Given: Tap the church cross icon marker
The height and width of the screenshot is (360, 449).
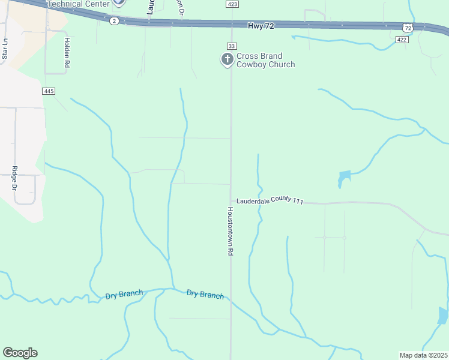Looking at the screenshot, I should (227, 59).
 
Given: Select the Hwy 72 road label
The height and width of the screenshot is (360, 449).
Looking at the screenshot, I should (261, 26).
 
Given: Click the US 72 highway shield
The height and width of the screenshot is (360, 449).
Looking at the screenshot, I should (408, 28).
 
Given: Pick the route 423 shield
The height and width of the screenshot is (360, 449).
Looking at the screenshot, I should (232, 4).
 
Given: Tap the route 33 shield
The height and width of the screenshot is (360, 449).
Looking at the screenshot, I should (231, 46).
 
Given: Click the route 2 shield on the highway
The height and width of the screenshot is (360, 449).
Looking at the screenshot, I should (113, 20).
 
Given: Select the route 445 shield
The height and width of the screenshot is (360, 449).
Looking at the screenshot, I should (49, 91).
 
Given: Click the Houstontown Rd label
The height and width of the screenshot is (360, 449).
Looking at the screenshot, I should (229, 232).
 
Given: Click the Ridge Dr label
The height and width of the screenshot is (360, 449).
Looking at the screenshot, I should (14, 179).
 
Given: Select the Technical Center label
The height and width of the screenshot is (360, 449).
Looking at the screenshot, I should (78, 4).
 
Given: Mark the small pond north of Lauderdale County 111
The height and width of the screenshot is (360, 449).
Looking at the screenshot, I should (343, 178).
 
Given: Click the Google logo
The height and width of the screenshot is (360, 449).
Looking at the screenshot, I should (20, 353).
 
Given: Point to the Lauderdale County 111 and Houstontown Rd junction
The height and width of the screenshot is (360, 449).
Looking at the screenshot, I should (231, 201).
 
